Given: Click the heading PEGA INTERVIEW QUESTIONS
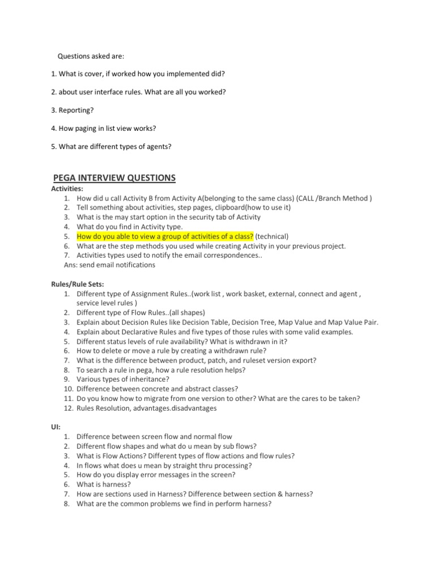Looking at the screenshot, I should tap(114, 178).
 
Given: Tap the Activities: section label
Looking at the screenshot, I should tap(67, 188).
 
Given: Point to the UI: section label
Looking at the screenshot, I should tap(56, 427).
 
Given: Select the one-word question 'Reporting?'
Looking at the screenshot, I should tap(72, 110).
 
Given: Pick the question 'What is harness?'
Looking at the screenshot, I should tap(104, 485).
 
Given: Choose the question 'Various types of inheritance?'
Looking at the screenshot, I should tap(122, 379).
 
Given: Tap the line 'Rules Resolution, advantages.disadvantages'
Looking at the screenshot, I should tap(146, 408).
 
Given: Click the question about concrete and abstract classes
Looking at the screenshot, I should tap(157, 389).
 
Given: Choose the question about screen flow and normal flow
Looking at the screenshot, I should tap(154, 437).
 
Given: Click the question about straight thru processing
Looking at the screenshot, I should tap(164, 466).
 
